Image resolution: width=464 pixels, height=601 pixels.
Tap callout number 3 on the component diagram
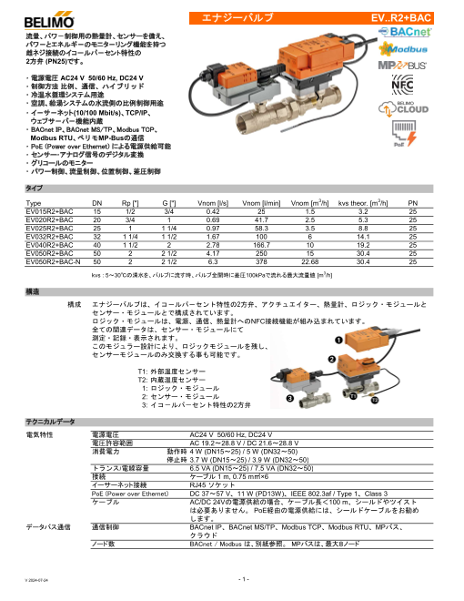click(289, 397)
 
